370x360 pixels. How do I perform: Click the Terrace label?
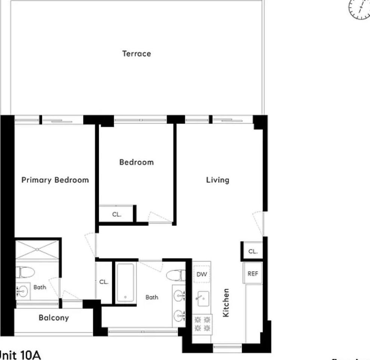137,54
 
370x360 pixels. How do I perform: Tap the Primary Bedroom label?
55,180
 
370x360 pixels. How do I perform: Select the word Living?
218,180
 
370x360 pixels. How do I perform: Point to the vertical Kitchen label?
226,303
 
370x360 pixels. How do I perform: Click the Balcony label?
54,318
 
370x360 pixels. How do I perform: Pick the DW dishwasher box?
202,275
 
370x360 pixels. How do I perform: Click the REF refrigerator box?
253,274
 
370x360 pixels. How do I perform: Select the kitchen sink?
202,299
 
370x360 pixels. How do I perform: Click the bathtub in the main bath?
125,283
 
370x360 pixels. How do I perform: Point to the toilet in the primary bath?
25,272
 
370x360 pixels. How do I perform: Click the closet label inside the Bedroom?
116,215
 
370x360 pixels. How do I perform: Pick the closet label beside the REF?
253,251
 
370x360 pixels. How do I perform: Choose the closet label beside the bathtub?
104,282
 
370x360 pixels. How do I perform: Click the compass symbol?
360,9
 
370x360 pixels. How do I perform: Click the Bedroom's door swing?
155,218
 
